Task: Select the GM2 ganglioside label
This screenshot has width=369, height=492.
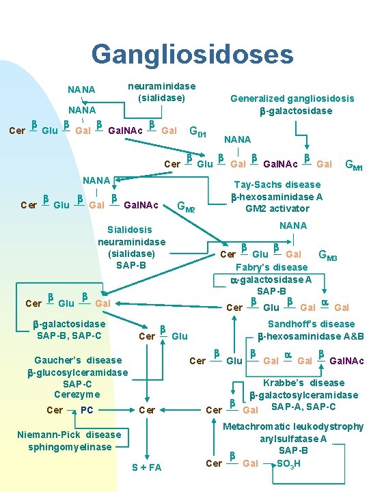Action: (186, 206)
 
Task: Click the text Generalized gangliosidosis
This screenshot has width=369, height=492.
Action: (292, 98)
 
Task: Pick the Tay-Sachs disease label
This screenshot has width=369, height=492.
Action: (277, 184)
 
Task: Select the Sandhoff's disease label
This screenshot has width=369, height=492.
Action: (311, 325)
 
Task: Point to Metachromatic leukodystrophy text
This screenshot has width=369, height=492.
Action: (295, 426)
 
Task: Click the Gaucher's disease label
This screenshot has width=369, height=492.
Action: (78, 360)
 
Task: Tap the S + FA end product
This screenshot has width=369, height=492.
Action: (146, 467)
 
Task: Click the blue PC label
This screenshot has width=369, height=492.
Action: (87, 410)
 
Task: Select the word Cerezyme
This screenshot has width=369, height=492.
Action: (77, 394)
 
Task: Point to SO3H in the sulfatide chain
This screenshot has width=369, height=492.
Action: (289, 463)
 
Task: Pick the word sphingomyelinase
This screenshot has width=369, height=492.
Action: (70, 447)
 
